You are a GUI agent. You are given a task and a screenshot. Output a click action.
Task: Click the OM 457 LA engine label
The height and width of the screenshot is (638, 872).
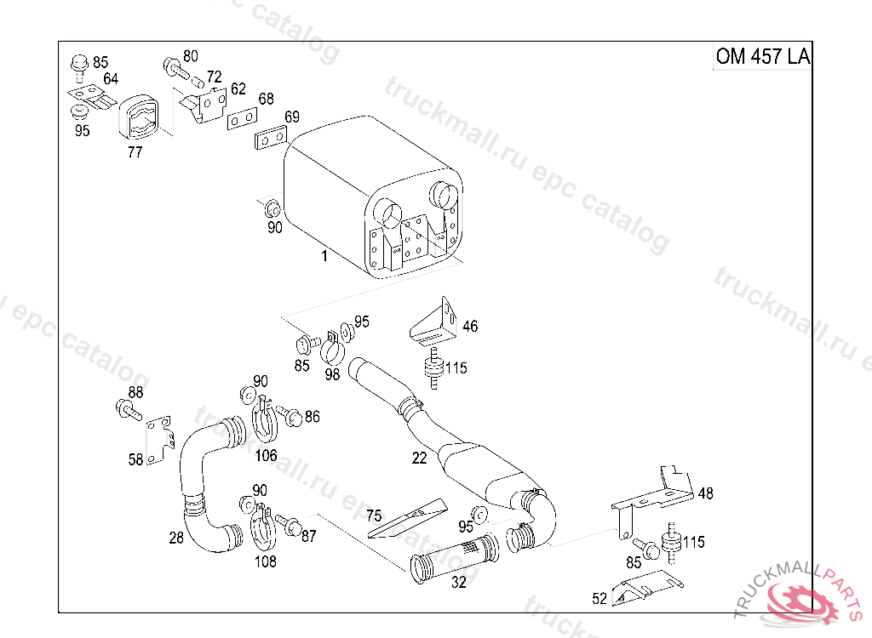[762, 56]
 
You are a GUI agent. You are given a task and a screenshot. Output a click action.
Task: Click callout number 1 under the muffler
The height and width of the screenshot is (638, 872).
[324, 256]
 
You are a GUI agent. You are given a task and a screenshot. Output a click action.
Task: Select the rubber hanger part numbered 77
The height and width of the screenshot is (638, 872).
[138, 121]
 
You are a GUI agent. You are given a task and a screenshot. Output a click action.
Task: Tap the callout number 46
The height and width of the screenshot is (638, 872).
[470, 326]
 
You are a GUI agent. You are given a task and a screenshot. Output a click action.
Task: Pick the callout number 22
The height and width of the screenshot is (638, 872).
[419, 458]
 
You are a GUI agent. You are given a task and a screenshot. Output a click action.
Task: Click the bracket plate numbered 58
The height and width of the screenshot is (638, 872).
[158, 440]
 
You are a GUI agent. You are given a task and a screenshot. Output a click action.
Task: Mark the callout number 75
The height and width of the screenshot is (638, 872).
[374, 515]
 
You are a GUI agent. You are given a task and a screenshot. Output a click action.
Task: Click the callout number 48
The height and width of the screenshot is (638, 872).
[705, 493]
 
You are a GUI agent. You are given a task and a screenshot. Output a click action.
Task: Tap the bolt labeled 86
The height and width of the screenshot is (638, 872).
[290, 416]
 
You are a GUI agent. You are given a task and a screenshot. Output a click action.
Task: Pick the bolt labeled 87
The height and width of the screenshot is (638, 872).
[285, 523]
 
